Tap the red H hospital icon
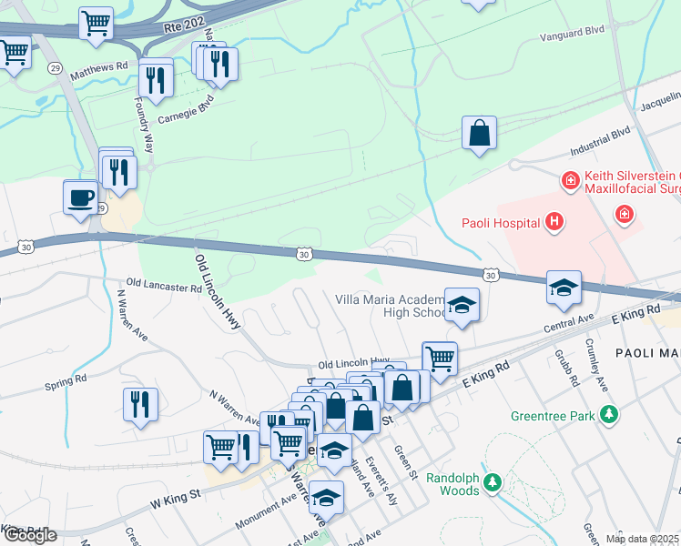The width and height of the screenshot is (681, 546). pyautogui.click(x=553, y=222)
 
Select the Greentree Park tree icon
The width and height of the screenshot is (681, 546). pyautogui.click(x=609, y=415)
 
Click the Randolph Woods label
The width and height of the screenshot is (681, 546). pyautogui.click(x=452, y=484)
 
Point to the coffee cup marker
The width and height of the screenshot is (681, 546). pyautogui.click(x=81, y=197)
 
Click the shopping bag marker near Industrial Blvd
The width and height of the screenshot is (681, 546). pyautogui.click(x=479, y=134)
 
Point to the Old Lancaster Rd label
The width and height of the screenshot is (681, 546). pyautogui.click(x=164, y=287)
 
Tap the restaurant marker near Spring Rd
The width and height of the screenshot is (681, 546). pyautogui.click(x=140, y=404)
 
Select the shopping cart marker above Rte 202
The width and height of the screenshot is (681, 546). pyautogui.click(x=96, y=24)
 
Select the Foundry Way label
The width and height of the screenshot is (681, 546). pyautogui.click(x=146, y=123)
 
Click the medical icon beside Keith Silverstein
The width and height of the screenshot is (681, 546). pyautogui.click(x=570, y=182)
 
